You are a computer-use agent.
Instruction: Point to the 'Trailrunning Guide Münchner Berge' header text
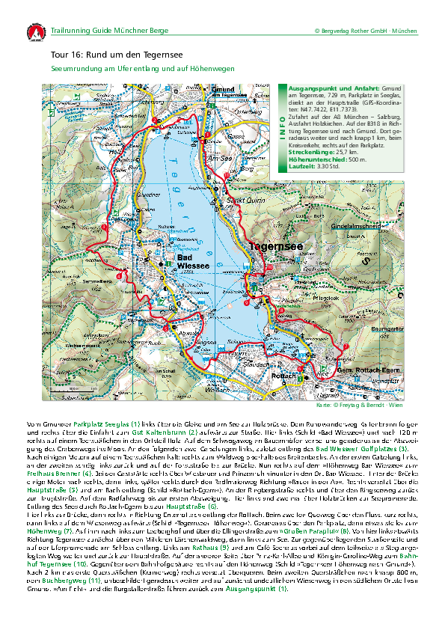point(110,31)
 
